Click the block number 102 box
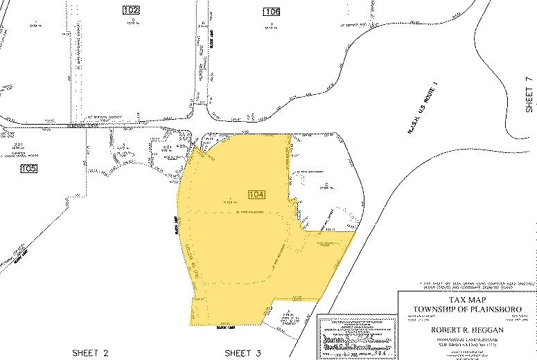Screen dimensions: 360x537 click(x=130, y=10)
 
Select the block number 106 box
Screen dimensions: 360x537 click(x=272, y=11)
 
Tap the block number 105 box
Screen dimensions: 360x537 click(x=28, y=169)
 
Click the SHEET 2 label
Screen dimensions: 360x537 click(x=90, y=353)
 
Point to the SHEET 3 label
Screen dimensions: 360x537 click(x=243, y=353)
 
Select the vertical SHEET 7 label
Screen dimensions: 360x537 click(x=529, y=95)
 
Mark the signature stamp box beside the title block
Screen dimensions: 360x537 click(x=355, y=336)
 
